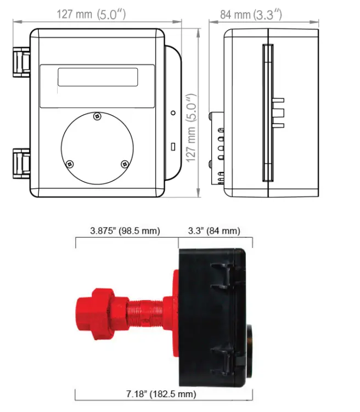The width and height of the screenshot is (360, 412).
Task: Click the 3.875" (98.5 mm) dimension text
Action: coord(125,231)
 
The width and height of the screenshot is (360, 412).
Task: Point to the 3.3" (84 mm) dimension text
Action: coord(215,231)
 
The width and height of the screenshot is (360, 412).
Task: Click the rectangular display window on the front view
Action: coord(98,77)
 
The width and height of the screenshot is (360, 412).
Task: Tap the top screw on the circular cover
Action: coord(97,116)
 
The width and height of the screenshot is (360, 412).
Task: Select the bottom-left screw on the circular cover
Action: coord(70,163)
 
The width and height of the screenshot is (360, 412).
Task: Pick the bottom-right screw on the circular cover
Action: coord(125,163)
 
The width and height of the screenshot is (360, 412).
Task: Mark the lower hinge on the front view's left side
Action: coord(21,161)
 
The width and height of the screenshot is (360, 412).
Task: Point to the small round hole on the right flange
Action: coord(173,112)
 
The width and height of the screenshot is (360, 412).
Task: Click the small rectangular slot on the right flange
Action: coord(173,147)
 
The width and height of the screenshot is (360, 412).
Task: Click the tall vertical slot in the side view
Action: coord(267,112)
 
